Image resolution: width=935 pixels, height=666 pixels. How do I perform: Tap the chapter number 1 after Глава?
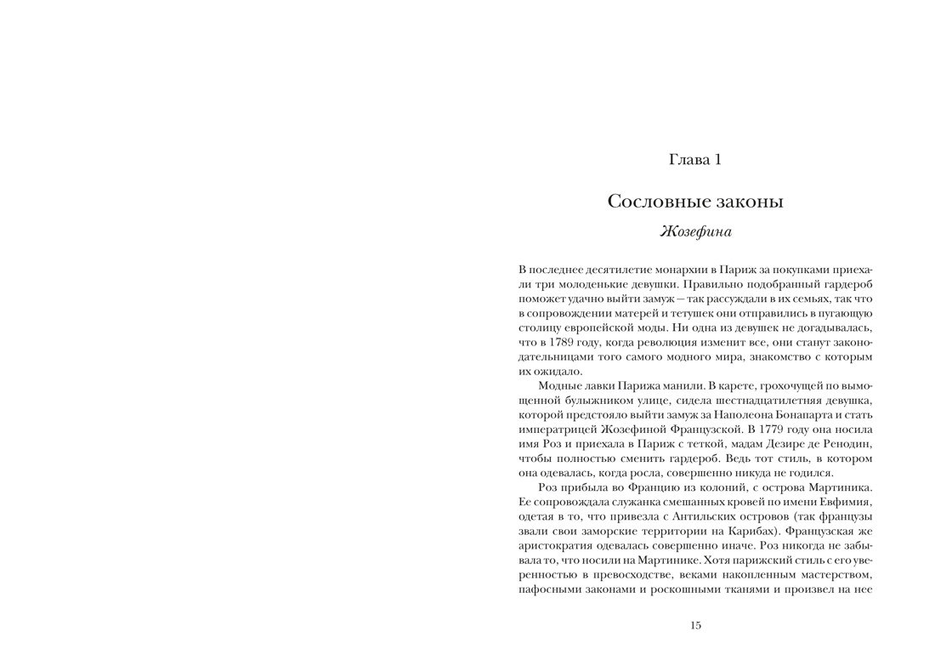(x=717, y=159)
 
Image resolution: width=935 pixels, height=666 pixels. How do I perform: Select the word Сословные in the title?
(x=652, y=202)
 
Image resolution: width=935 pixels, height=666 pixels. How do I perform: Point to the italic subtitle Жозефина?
(x=695, y=231)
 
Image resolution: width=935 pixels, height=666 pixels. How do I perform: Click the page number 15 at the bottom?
(x=695, y=626)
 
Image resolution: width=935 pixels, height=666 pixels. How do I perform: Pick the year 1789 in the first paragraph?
(x=554, y=341)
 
